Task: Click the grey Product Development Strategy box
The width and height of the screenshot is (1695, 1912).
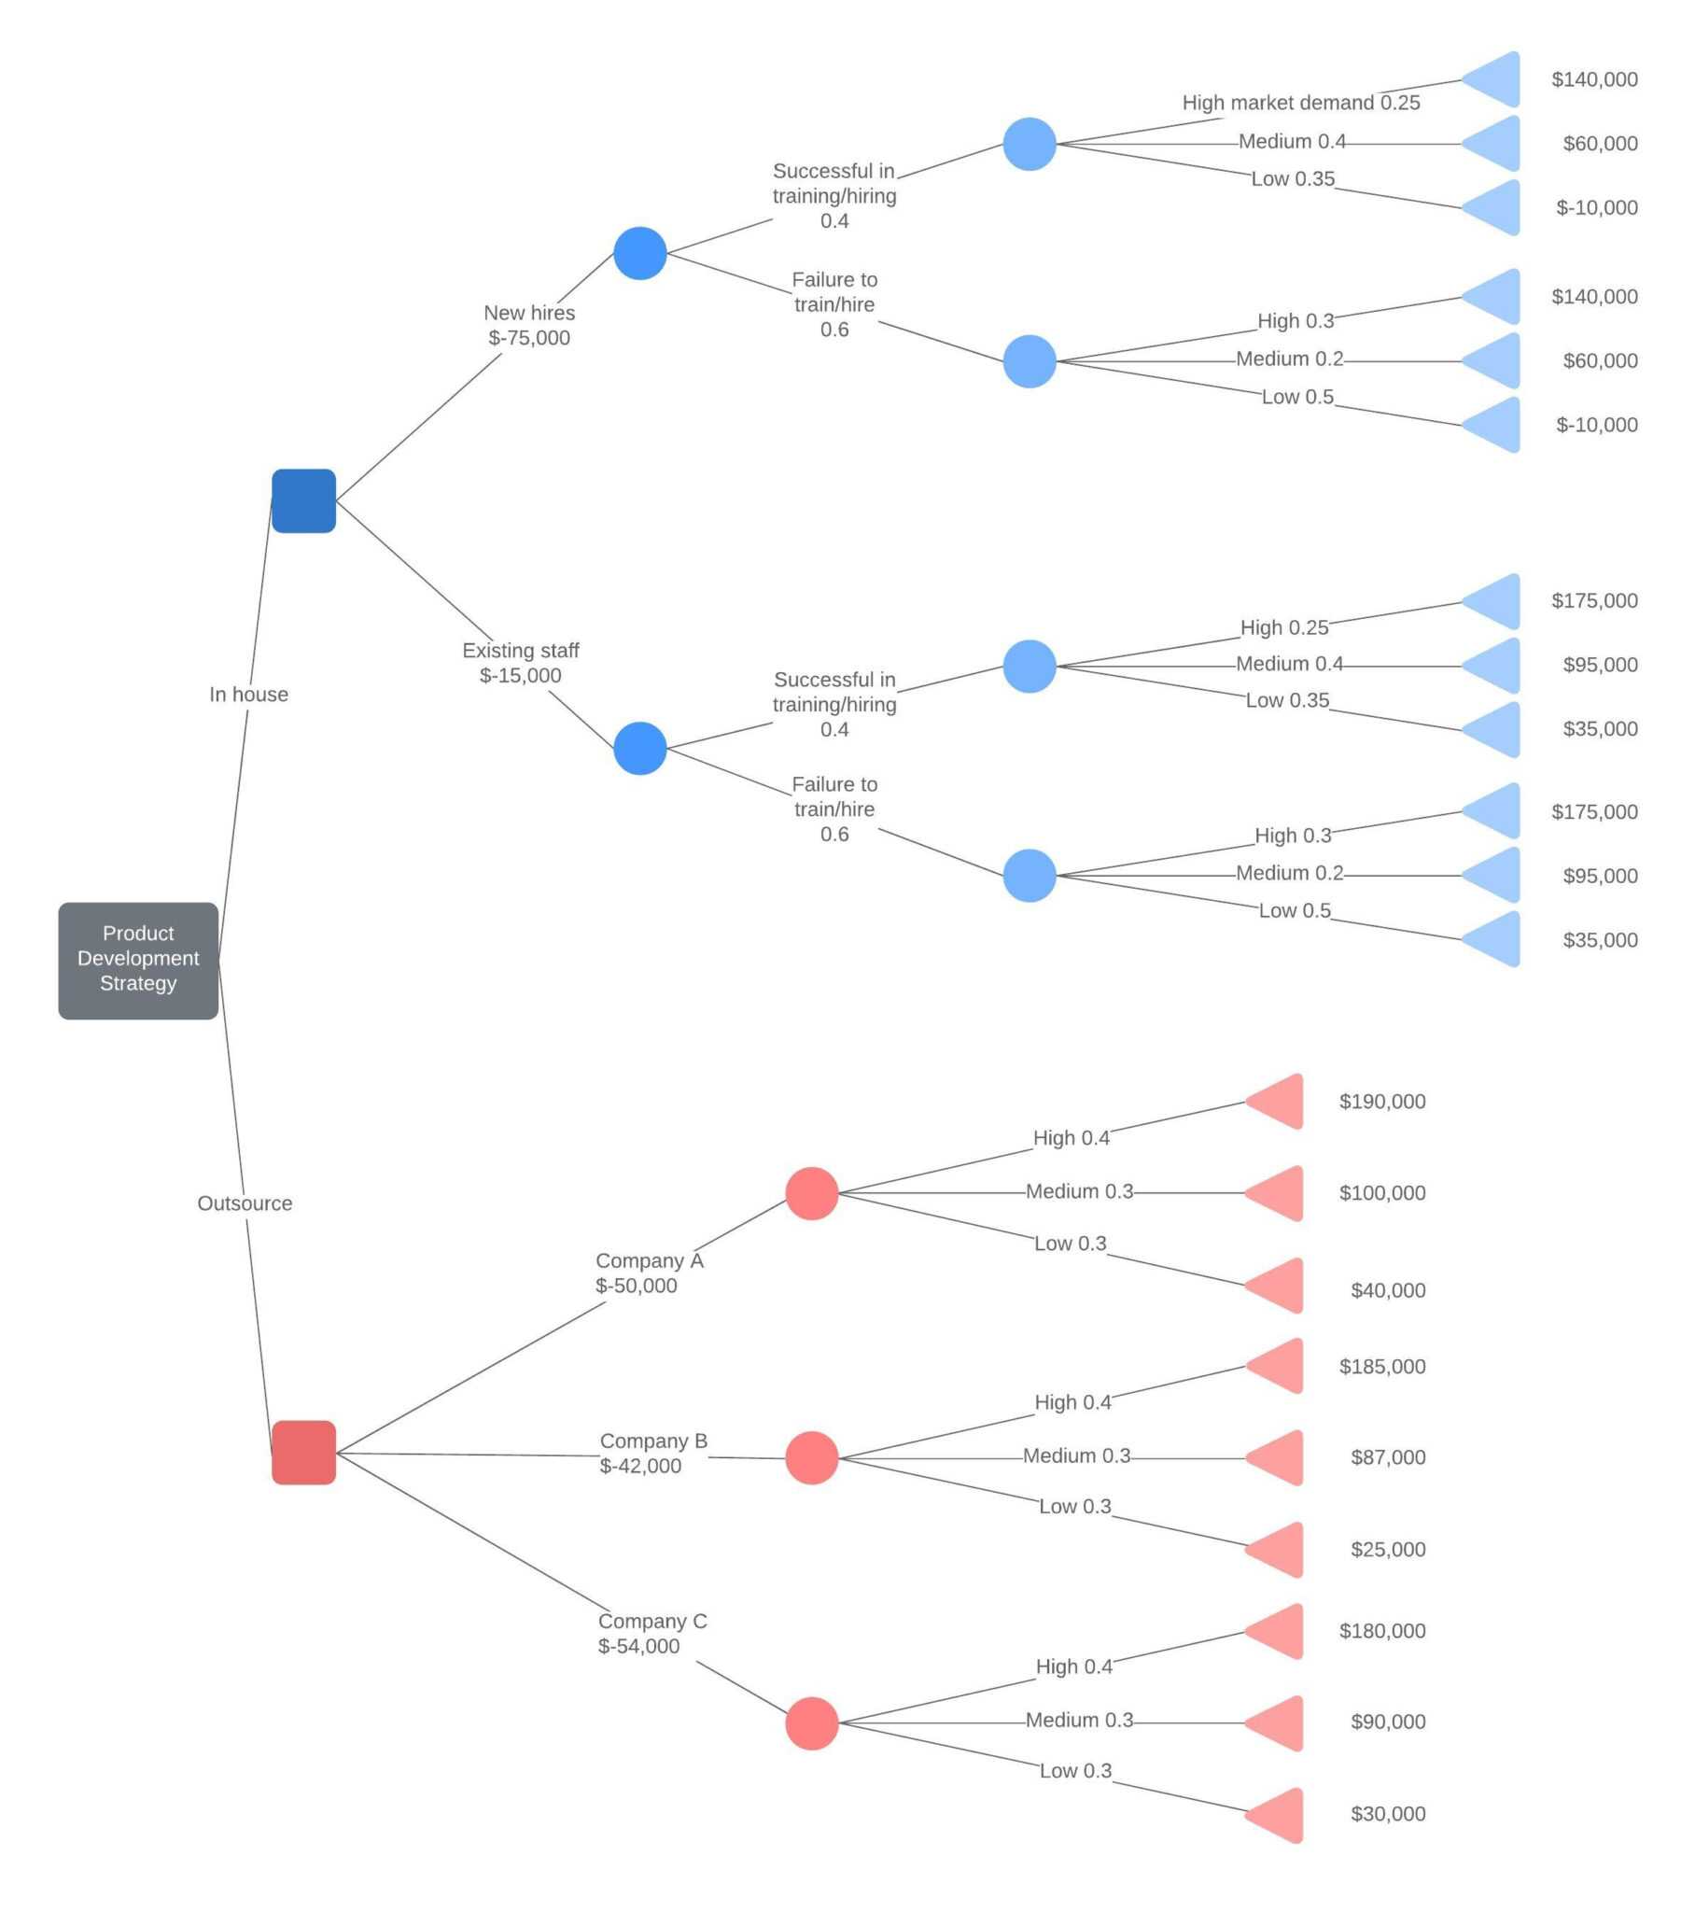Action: pyautogui.click(x=137, y=960)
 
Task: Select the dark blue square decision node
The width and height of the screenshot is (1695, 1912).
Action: pyautogui.click(x=303, y=500)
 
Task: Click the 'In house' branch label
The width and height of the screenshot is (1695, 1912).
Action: pyautogui.click(x=248, y=694)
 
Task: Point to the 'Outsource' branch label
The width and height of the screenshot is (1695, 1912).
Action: pyautogui.click(x=245, y=1203)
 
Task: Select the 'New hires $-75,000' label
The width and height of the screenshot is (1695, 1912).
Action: pyautogui.click(x=528, y=325)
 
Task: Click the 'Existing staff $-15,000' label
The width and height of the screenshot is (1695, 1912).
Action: pyautogui.click(x=520, y=662)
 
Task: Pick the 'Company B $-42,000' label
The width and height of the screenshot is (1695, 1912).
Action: pyautogui.click(x=652, y=1453)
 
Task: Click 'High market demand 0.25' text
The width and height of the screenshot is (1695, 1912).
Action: pyautogui.click(x=1300, y=102)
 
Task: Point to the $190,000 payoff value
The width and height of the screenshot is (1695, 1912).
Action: pyautogui.click(x=1381, y=1101)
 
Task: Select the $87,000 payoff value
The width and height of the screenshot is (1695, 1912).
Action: pyautogui.click(x=1387, y=1456)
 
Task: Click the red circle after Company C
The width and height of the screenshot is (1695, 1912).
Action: pyautogui.click(x=811, y=1723)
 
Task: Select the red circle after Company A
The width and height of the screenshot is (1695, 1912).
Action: pyautogui.click(x=811, y=1192)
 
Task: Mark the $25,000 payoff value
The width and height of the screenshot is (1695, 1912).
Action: pyautogui.click(x=1387, y=1549)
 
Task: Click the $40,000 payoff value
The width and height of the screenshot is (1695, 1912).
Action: pyautogui.click(x=1387, y=1290)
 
